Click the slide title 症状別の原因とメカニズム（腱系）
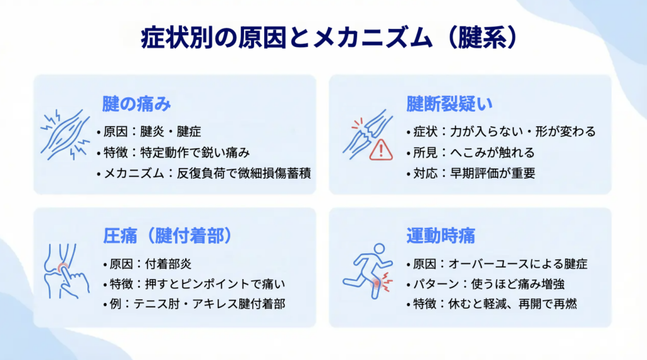pos(329,39)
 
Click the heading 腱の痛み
pos(136,104)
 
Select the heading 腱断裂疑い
pos(449,104)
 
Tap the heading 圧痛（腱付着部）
pos(167,236)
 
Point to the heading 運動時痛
pos(440,236)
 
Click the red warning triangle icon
pos(381,150)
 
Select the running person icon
pos(368,271)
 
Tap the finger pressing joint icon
pos(66,271)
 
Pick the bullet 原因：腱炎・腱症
pos(149,131)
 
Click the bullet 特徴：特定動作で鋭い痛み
pos(173,153)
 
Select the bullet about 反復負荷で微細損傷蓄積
pos(204,173)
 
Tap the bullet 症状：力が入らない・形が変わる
pos(501,131)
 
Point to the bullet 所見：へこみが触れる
pos(470,153)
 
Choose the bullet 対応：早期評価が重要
pos(471,173)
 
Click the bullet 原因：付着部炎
pos(147,264)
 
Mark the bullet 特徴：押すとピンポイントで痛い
pos(194,284)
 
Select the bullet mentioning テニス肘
pos(194,304)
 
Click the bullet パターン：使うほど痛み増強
pos(485,284)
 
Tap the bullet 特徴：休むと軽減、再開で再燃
pos(492,304)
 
